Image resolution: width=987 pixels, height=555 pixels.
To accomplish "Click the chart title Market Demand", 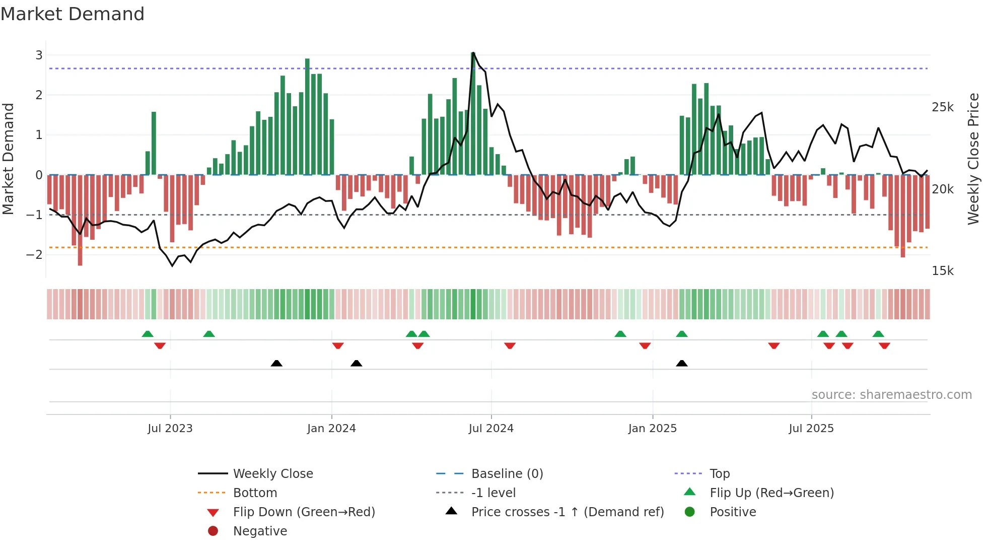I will point(73,14).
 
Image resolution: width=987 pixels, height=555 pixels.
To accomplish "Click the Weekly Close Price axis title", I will point(973,159).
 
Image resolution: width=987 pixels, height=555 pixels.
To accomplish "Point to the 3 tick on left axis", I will point(39,55).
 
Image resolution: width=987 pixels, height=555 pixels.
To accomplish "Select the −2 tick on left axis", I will point(35,254).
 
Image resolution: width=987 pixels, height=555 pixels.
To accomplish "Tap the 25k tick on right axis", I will point(942,107).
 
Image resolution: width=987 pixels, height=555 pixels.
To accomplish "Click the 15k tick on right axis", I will point(942,271).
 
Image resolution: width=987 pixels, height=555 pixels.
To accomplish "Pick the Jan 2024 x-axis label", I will point(331,429).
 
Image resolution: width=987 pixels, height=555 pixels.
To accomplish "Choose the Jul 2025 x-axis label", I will point(811,429).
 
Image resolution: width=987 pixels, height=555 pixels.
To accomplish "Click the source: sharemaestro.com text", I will point(891,395).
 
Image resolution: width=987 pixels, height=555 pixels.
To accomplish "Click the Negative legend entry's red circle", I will point(213,531).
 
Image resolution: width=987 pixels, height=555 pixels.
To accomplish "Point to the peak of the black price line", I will point(473,53).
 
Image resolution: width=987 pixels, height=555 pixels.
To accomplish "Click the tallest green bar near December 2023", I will point(307,59).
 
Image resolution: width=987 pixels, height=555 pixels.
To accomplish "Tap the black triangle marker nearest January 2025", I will point(681,364).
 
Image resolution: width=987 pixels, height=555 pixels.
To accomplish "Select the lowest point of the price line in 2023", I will point(172,265).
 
